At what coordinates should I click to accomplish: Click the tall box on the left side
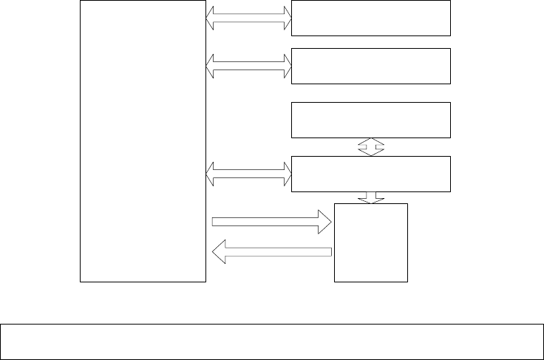tap(143, 140)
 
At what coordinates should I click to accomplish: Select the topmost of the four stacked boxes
tap(371, 18)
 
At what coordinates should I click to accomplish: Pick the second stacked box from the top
tap(371, 66)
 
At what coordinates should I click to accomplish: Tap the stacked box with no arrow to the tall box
tap(371, 120)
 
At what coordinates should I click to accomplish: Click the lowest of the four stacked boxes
tap(371, 174)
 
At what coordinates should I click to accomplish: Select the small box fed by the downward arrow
tap(371, 242)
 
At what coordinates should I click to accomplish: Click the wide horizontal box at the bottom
tap(271, 341)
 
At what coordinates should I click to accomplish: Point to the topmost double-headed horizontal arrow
tap(249, 18)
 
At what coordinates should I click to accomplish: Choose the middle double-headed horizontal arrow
tap(249, 66)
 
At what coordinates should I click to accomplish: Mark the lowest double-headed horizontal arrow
tap(249, 175)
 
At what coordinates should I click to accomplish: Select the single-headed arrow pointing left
tap(271, 253)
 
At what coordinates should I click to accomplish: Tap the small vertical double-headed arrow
tap(371, 146)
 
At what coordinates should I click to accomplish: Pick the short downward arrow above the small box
tap(371, 197)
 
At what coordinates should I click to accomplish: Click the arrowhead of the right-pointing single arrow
tap(324, 220)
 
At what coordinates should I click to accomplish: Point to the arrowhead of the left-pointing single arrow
tap(219, 253)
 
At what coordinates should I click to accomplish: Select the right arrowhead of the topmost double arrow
tap(285, 18)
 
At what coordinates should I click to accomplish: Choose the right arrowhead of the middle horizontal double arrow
tap(285, 66)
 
